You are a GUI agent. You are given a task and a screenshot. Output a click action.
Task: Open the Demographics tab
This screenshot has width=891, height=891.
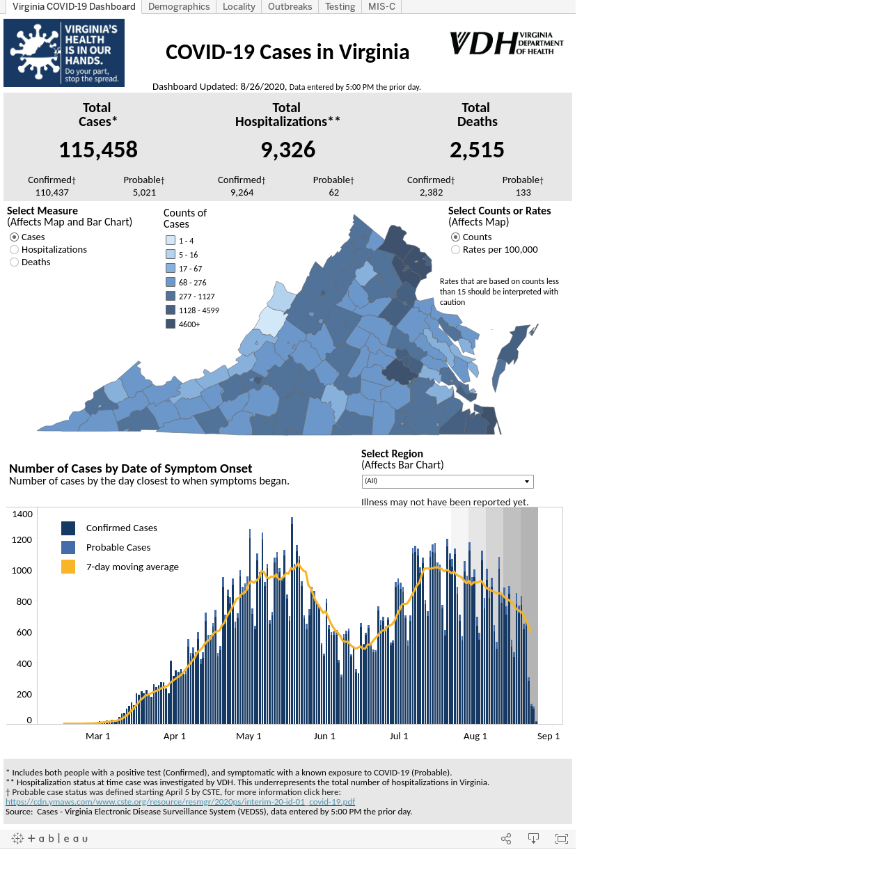click(178, 6)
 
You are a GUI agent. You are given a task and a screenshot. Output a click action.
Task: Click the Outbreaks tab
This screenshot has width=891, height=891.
click(290, 6)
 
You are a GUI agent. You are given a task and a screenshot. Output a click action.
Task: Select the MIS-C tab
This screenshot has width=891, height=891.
click(381, 6)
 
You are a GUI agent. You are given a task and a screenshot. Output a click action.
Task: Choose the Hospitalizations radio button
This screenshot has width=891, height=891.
click(15, 249)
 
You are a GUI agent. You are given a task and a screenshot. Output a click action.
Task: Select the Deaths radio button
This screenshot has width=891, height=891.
click(15, 262)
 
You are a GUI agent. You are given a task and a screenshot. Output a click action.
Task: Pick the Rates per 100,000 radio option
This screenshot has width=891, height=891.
click(455, 249)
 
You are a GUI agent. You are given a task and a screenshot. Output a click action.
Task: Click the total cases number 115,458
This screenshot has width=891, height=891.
click(98, 150)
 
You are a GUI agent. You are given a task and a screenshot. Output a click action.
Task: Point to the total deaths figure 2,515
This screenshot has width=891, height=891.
click(476, 150)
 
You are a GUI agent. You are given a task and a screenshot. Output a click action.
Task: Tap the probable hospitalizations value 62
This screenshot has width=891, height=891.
click(333, 192)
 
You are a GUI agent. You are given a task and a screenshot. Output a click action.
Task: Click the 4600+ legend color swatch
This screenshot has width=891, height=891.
click(170, 324)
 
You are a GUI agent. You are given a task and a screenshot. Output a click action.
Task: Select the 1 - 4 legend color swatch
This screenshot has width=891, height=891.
click(170, 240)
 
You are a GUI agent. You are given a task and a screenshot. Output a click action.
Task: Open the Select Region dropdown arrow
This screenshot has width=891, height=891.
click(526, 481)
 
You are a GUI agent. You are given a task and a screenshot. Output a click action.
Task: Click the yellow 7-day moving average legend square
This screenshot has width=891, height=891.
click(68, 567)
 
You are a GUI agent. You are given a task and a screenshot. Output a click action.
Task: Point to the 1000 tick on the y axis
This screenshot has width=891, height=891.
click(22, 570)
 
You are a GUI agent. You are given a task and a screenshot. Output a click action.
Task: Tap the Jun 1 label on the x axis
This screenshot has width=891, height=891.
click(324, 736)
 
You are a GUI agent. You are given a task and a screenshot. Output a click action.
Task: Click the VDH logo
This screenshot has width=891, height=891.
click(506, 43)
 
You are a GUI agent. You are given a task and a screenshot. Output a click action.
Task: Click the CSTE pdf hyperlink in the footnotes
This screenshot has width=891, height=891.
click(180, 801)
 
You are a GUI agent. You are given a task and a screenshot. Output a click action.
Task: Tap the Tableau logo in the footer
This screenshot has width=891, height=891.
click(49, 838)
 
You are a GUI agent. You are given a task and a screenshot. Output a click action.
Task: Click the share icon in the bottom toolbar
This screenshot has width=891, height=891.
click(506, 838)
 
